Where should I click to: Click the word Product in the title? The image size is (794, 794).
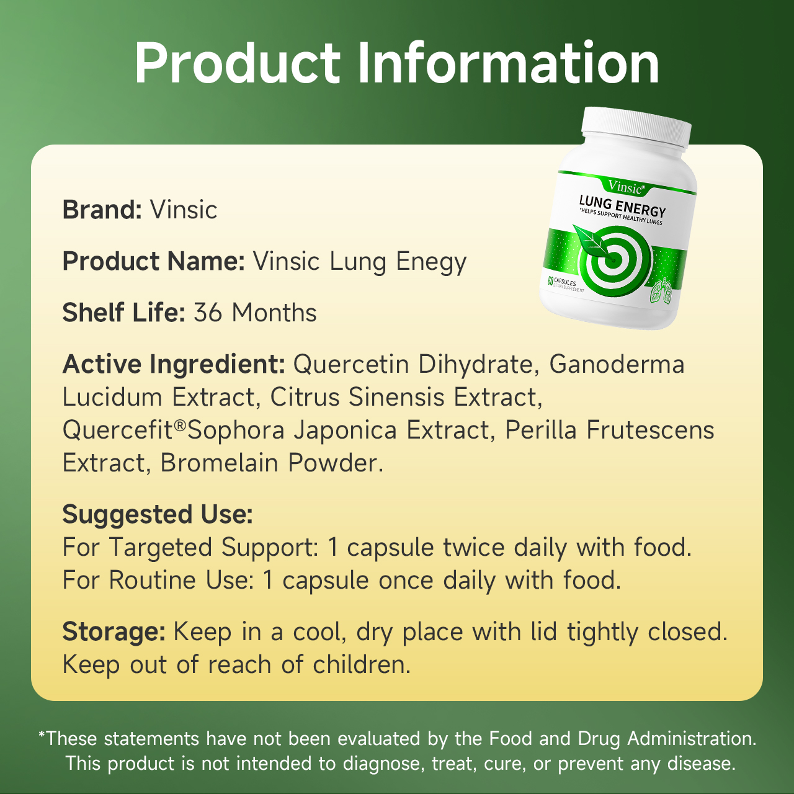click(238, 63)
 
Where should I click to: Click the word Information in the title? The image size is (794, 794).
click(509, 63)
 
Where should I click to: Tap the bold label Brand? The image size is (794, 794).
click(102, 210)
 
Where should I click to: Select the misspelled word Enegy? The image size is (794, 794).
click(431, 262)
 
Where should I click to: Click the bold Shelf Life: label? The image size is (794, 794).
click(124, 312)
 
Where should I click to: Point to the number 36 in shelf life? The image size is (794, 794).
click(208, 313)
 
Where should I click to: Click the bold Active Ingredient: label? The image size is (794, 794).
click(174, 365)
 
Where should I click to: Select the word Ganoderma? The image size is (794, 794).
click(617, 364)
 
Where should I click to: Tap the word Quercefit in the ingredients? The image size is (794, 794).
click(118, 430)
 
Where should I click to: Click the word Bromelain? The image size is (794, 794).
click(219, 463)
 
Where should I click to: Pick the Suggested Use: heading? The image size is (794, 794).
click(158, 515)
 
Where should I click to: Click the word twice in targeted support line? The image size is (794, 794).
click(474, 548)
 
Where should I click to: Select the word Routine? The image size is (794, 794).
click(152, 581)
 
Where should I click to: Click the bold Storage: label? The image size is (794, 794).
click(114, 632)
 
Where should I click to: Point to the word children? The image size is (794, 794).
click(362, 664)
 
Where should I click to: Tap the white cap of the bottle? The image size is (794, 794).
click(636, 127)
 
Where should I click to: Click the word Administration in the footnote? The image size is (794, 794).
click(692, 739)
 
